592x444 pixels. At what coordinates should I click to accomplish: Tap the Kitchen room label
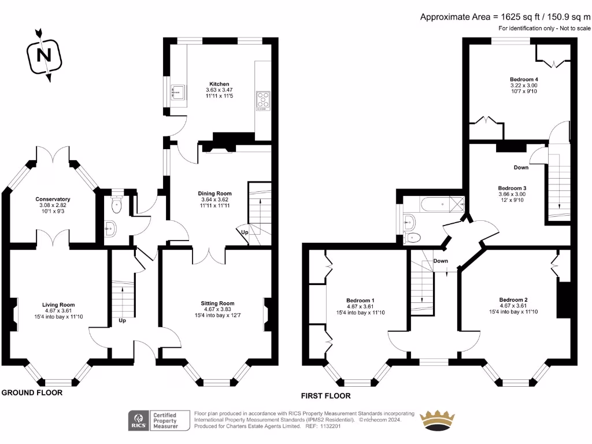[x=219, y=84]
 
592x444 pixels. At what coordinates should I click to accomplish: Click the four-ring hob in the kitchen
[x=263, y=101]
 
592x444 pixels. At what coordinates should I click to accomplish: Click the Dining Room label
[x=215, y=194]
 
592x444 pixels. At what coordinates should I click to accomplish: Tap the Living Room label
[x=58, y=305]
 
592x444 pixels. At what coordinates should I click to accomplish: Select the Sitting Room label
[x=217, y=304]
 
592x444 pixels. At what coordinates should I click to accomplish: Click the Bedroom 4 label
[x=524, y=79]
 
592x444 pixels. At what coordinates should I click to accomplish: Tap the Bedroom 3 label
[x=512, y=188]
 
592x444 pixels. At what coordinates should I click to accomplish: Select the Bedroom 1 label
[x=360, y=301]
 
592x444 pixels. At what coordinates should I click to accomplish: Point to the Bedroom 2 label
[x=513, y=299]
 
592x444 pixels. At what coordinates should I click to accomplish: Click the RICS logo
[x=139, y=420]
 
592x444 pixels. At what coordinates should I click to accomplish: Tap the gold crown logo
[x=437, y=419]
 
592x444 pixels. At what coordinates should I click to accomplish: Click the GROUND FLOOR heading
[x=32, y=393]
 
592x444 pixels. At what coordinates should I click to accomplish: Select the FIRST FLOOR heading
[x=325, y=396]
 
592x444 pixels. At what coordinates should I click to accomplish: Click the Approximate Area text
[x=505, y=17]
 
